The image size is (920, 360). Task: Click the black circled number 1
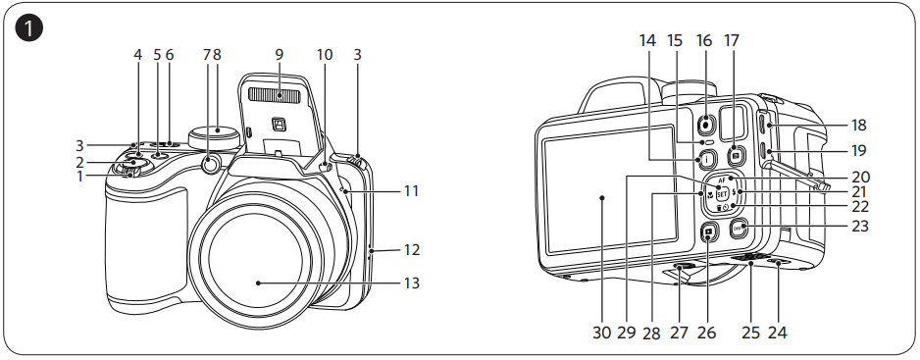(28, 28)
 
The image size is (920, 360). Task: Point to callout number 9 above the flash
(279, 55)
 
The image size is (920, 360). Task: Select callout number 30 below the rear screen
(601, 333)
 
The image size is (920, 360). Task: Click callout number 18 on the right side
(858, 126)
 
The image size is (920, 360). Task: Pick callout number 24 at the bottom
(777, 333)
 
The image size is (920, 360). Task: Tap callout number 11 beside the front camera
(411, 191)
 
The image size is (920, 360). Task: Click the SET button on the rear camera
(722, 193)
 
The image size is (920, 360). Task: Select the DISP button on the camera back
(739, 228)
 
